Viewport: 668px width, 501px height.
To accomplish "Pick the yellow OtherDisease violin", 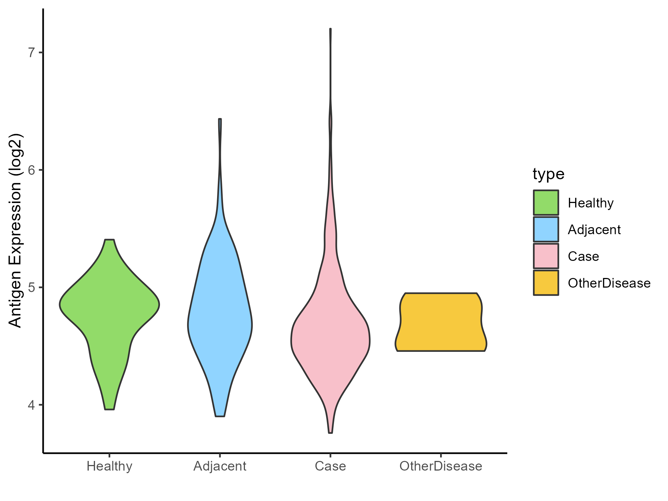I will (x=441, y=322).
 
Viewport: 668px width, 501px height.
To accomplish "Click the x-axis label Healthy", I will (x=109, y=466).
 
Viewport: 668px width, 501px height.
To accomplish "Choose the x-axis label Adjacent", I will (x=220, y=466).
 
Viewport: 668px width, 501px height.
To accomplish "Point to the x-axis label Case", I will (x=330, y=466).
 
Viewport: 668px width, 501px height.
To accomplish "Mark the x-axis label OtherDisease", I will (x=441, y=466).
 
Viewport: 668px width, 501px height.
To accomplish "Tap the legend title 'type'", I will (x=549, y=174).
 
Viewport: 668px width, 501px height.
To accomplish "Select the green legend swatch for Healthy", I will (x=546, y=203).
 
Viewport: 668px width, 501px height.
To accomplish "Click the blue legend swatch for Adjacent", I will (x=546, y=229).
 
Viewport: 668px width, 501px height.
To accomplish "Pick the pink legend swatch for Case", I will (x=546, y=256).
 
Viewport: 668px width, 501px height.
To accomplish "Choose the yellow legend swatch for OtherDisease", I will (x=546, y=283).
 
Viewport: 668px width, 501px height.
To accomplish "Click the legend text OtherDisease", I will (x=609, y=283).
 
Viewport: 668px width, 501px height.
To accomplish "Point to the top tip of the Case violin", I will (x=330, y=29).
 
